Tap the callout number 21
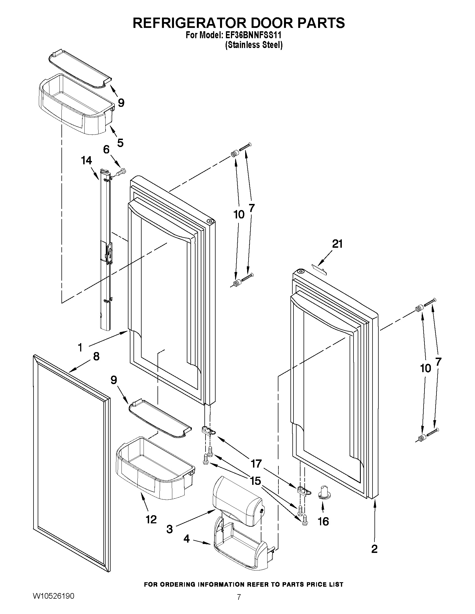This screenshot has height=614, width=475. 337,244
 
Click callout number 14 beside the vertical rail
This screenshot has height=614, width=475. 86,160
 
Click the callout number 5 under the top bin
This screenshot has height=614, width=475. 120,143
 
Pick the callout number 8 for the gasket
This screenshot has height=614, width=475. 96,357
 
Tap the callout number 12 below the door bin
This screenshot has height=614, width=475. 151,519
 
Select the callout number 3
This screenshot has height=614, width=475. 170,529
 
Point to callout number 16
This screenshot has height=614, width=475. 323,521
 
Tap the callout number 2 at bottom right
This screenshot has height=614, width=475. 374,548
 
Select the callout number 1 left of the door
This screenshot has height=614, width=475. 80,348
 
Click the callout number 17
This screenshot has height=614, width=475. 256,463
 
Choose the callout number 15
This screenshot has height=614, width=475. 256,481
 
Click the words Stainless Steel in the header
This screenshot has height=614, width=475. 254,45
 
